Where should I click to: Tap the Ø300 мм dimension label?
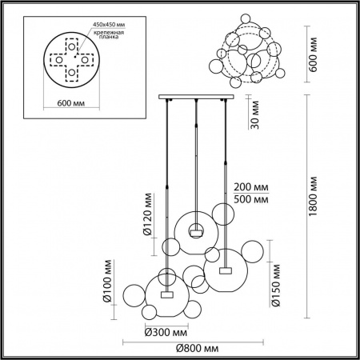pyautogui.click(x=166, y=332)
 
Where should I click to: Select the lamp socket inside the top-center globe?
pyautogui.click(x=194, y=231)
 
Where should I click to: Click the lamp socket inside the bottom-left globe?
pyautogui.click(x=166, y=294)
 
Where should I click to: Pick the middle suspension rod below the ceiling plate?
pyautogui.click(x=195, y=160)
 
